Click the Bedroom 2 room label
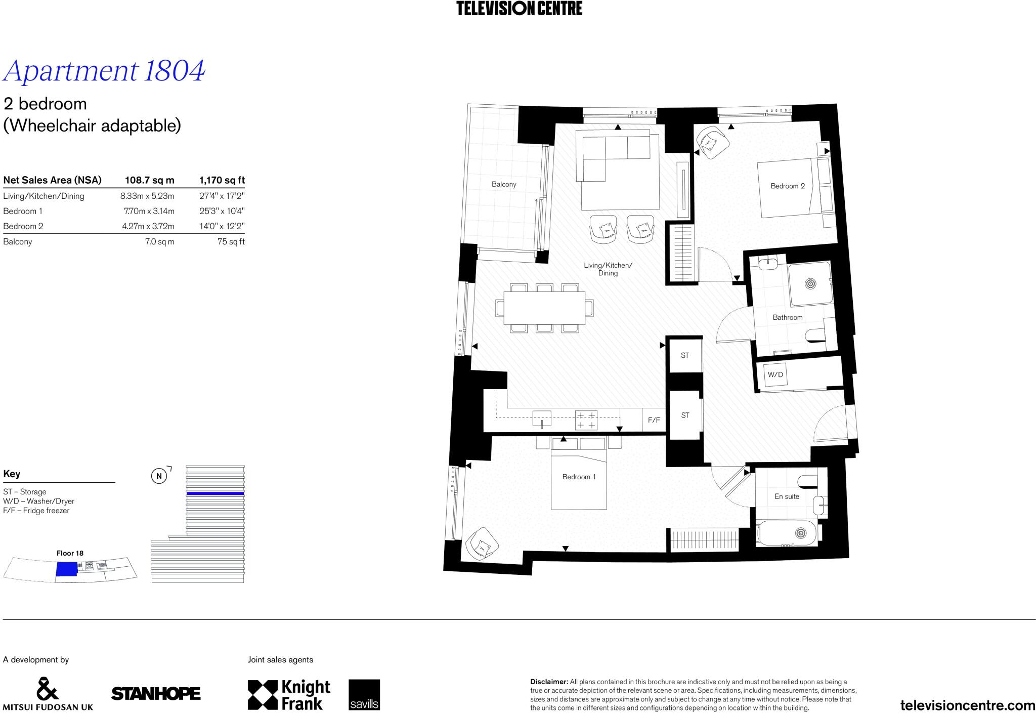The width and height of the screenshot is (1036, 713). click(787, 186)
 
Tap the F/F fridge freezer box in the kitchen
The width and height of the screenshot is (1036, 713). click(654, 420)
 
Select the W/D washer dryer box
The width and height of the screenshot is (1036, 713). click(775, 375)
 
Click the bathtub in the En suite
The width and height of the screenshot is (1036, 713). click(787, 533)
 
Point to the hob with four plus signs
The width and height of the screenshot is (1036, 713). click(586, 420)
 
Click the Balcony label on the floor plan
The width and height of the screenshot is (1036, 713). click(504, 185)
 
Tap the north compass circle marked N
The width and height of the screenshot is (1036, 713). click(159, 476)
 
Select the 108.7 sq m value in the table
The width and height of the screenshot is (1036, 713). click(149, 180)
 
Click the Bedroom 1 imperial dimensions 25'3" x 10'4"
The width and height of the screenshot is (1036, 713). click(222, 211)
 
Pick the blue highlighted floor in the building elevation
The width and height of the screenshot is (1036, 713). click(215, 493)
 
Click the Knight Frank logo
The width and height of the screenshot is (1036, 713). click(289, 695)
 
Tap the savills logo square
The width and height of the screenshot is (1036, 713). click(364, 695)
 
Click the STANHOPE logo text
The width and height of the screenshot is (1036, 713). click(156, 694)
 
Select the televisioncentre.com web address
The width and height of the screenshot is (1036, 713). click(968, 705)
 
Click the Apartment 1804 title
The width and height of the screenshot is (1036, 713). click(104, 71)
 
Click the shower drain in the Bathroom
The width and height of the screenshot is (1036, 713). click(810, 283)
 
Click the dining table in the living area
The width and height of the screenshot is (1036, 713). click(544, 308)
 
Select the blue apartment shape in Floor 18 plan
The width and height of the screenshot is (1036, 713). click(65, 569)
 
